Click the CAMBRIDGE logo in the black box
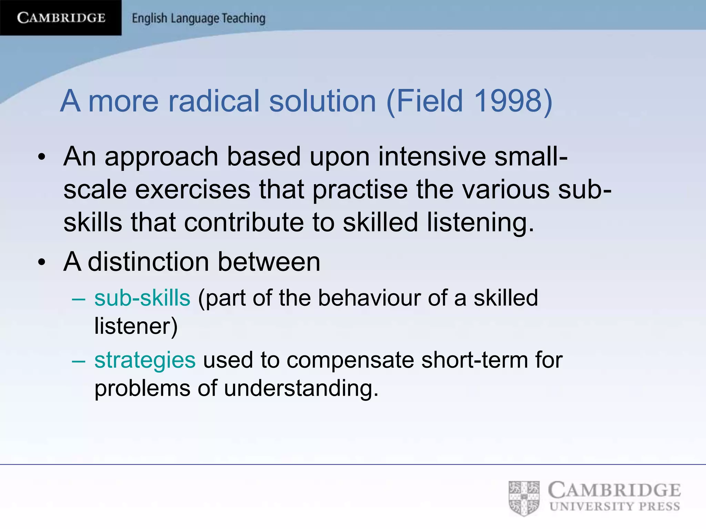(61, 18)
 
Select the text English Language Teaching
(199, 18)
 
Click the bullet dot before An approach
(42, 158)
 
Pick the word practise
(360, 190)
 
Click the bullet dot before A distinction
(42, 263)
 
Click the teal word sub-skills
(142, 298)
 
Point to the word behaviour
(369, 298)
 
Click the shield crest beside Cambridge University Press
(524, 498)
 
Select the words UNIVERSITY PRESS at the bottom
(615, 507)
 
